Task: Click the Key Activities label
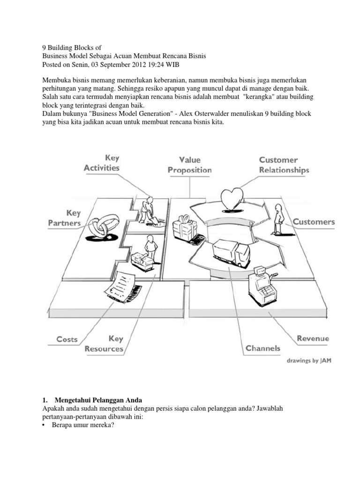tap(102, 163)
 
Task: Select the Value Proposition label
tap(190, 165)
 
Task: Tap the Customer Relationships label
tap(284, 165)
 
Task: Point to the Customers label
tap(314, 222)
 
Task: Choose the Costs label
tap(67, 339)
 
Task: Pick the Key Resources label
tap(104, 344)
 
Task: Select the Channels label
tap(263, 348)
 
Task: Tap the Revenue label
tap(313, 338)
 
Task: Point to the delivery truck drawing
tap(231, 254)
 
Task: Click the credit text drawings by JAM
tap(308, 361)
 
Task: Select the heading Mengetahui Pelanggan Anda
tap(98, 401)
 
